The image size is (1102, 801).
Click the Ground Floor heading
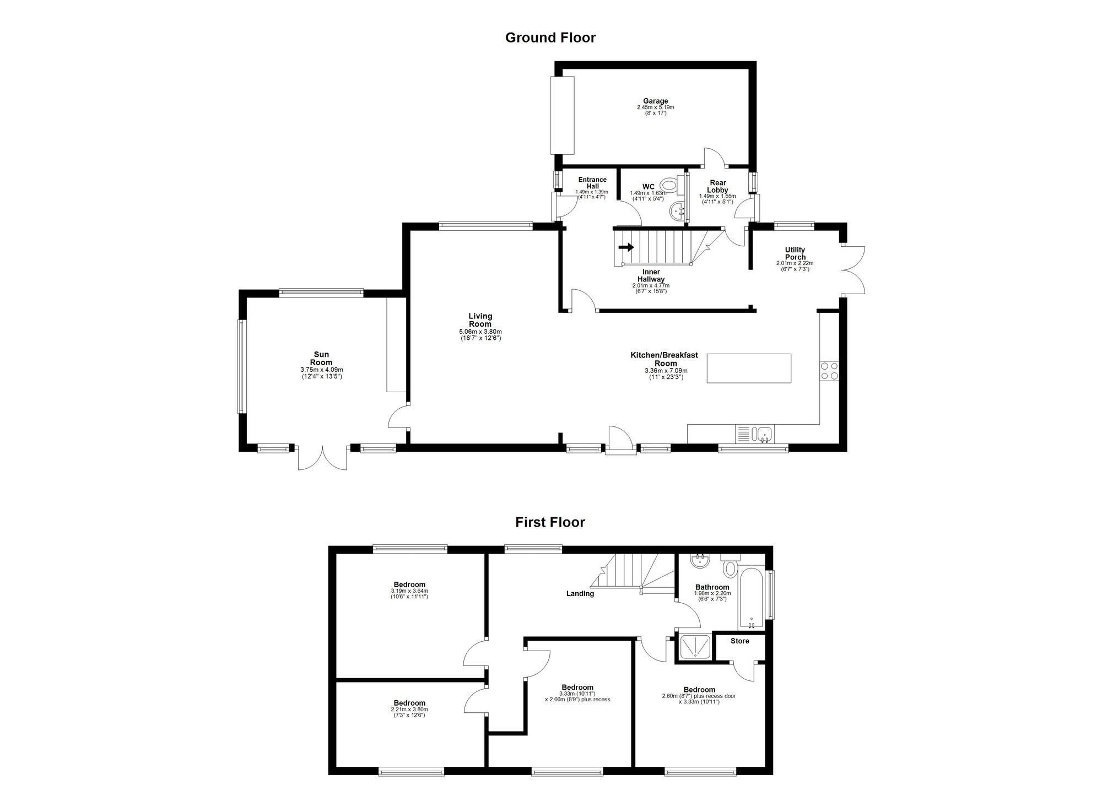pos(550,37)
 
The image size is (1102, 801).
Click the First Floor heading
pos(550,522)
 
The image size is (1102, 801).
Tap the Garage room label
pos(655,101)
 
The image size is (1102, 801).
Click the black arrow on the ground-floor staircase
pos(626,247)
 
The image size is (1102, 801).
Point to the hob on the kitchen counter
pos(829,370)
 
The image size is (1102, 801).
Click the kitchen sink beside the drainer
pos(765,434)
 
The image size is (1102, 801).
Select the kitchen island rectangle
pos(748,368)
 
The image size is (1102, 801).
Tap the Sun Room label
pos(321,359)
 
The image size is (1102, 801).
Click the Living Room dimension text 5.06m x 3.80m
pos(480,332)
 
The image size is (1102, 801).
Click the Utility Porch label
pos(795,253)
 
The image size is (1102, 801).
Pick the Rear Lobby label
pos(717,186)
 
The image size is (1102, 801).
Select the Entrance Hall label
pos(592,183)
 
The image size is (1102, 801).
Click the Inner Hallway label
pos(651,275)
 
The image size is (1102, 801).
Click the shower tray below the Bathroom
pos(695,647)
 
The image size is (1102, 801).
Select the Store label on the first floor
pos(739,641)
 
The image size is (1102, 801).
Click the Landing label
pos(580,593)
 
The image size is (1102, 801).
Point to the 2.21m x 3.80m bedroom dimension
pos(409,709)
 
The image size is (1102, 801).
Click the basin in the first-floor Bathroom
pos(700,561)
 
